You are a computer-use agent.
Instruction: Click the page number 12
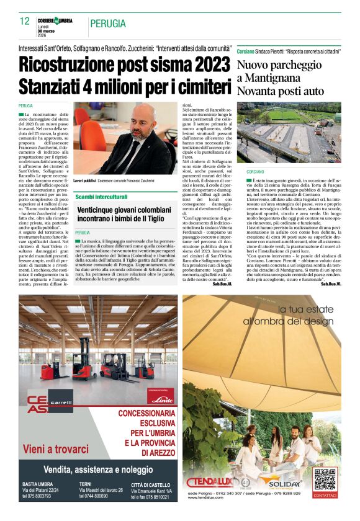[x=25, y=22]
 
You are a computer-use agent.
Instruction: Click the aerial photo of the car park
[x=288, y=133]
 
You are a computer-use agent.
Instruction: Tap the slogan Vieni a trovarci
[x=55, y=448]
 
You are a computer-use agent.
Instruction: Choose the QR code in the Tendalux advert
[x=325, y=479]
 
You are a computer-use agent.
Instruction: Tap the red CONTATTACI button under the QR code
[x=325, y=495]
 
